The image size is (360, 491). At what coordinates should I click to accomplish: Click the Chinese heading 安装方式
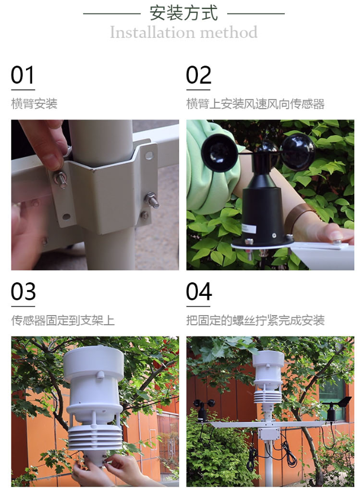point(183,13)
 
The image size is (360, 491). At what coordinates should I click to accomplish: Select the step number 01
point(22,75)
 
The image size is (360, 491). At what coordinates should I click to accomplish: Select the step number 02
point(198,75)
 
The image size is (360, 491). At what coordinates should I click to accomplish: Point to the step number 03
point(23,291)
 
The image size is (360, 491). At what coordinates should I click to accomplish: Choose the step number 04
point(199,291)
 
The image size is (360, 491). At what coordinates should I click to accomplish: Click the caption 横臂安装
point(34,104)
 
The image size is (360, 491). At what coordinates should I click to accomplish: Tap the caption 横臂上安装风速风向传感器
point(255,104)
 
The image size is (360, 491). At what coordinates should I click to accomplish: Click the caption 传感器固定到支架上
point(63,320)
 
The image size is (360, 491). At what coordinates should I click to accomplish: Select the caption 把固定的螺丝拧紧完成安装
point(255,320)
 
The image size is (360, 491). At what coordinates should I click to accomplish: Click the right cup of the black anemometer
point(297,152)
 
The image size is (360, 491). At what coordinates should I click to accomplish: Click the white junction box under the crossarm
point(268,434)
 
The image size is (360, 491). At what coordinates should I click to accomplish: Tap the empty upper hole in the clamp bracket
point(149,155)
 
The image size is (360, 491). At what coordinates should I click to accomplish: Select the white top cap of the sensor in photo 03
point(93,363)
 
